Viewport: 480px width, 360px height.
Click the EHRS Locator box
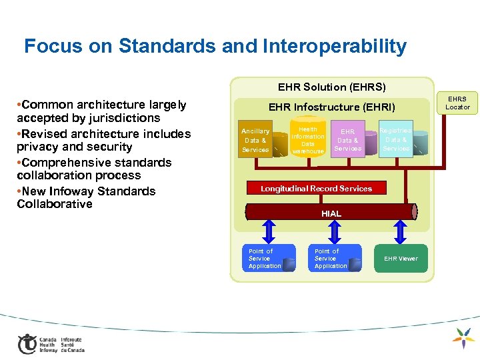click(458, 103)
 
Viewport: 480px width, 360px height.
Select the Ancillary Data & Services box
click(256, 141)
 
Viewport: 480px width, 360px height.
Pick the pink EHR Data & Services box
click(348, 140)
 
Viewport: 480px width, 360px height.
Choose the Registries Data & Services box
click(396, 140)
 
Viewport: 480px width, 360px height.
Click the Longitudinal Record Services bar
click(316, 189)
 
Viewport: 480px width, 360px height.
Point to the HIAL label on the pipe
click(331, 213)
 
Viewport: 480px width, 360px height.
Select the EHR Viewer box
click(401, 259)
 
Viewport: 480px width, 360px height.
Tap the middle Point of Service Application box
click(331, 259)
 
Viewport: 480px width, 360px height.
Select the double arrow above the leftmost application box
click(269, 231)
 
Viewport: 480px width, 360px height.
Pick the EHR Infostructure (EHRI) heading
click(331, 107)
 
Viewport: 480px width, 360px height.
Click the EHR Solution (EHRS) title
click(331, 87)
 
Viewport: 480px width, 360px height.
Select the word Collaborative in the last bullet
click(55, 204)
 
